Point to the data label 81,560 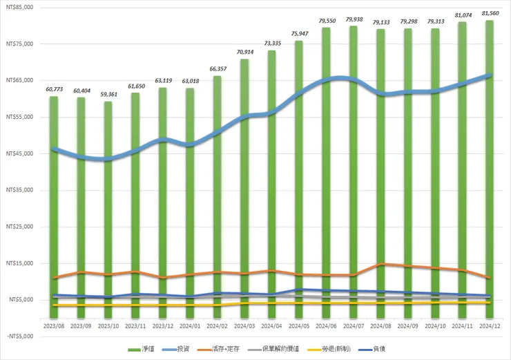(x=489, y=13)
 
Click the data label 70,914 (x=244, y=52)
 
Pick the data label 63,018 (x=189, y=81)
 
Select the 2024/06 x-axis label (x=325, y=324)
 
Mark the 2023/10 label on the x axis (x=108, y=324)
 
